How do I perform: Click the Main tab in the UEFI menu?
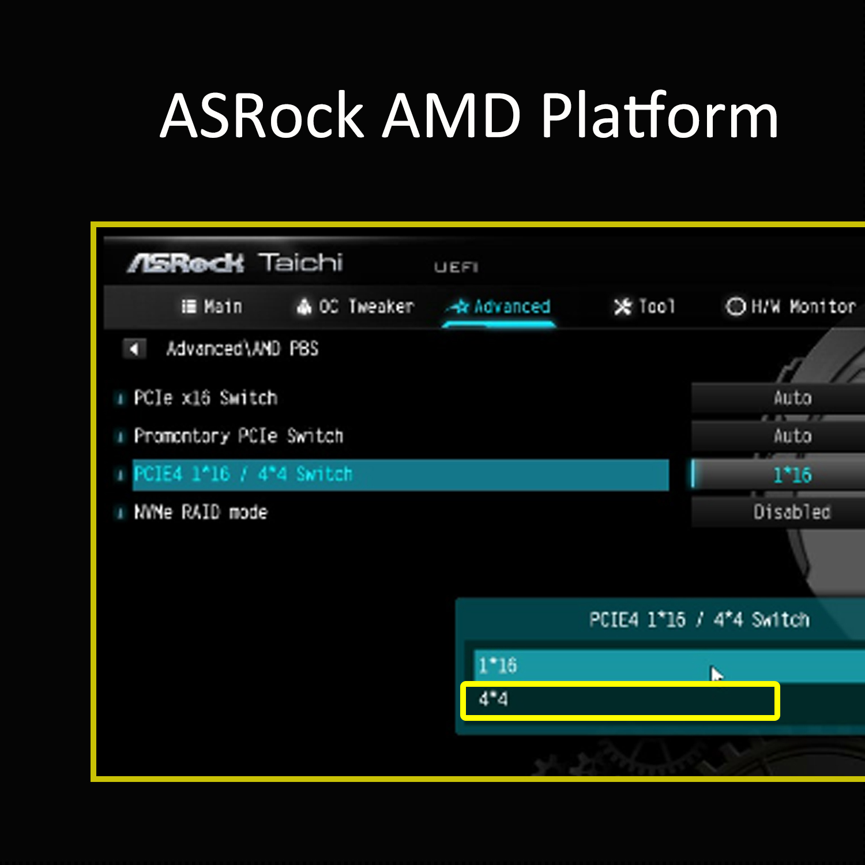click(x=212, y=306)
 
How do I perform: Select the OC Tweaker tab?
click(x=355, y=306)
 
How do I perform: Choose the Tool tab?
click(x=644, y=306)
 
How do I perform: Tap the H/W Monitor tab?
click(x=791, y=306)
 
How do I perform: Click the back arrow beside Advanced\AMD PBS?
click(x=134, y=349)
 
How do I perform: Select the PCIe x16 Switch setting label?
click(x=205, y=398)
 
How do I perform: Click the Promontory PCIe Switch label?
click(x=238, y=436)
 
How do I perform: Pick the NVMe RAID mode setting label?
click(x=201, y=512)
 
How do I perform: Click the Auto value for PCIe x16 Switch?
click(x=793, y=398)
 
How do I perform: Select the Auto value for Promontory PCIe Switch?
click(x=793, y=436)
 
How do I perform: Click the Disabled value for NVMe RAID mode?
click(x=792, y=512)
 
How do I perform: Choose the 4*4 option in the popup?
click(x=494, y=699)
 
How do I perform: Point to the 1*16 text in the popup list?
click(x=498, y=665)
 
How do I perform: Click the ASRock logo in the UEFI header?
click(x=186, y=264)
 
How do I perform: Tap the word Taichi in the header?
click(x=300, y=262)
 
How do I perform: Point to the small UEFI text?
click(x=456, y=267)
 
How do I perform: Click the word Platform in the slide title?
click(x=660, y=116)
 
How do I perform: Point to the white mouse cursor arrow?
click(x=717, y=674)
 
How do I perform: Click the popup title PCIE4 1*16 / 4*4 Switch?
click(x=699, y=620)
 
